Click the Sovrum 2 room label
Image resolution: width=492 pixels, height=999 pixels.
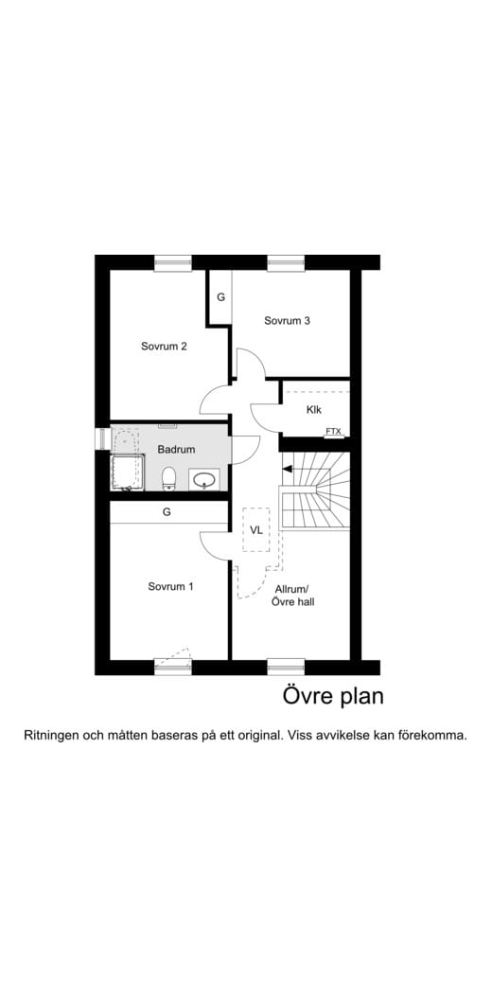164,347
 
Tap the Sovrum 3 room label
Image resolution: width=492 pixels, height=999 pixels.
287,320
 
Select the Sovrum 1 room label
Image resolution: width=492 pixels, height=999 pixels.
170,586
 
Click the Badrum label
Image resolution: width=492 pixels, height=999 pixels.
176,449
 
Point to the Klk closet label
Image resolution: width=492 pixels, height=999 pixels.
314,410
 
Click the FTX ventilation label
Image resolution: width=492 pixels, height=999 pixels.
333,432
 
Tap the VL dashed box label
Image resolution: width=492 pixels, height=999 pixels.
256,528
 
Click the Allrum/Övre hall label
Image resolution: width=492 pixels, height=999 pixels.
292,595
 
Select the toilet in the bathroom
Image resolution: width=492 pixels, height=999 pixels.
168,478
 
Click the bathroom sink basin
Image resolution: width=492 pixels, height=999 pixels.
204,479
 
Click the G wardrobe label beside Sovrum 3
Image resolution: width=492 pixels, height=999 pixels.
220,297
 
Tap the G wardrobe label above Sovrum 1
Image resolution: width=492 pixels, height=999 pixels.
167,511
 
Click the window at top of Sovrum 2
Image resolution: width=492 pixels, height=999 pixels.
173,262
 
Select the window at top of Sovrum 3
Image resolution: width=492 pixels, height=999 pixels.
287,262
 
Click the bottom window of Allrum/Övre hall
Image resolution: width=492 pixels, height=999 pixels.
287,667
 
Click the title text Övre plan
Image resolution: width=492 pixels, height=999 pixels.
333,696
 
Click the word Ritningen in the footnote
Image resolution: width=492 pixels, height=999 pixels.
52,736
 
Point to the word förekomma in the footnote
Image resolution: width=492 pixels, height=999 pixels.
436,735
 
